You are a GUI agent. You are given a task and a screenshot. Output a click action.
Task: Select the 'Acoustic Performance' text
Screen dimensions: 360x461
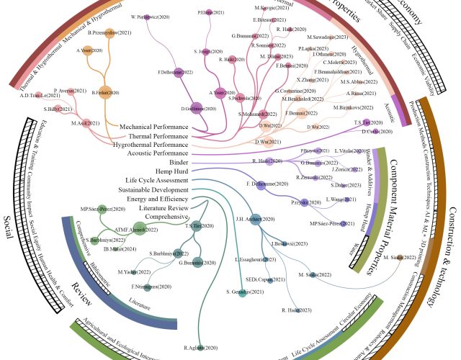153,153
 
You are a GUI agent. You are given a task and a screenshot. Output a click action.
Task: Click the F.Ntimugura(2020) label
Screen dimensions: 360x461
146,286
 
